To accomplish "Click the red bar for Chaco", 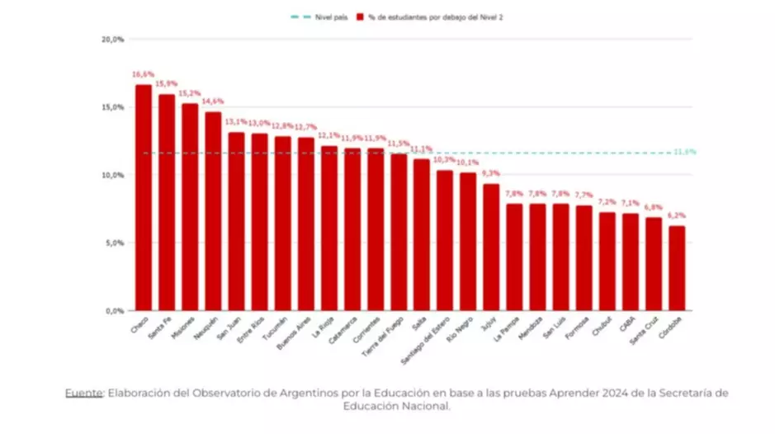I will click(x=144, y=198).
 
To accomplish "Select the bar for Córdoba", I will click(x=677, y=268).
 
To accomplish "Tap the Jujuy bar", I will click(x=491, y=248).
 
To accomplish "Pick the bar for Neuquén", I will click(x=213, y=211).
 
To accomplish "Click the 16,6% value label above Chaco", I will click(x=144, y=74).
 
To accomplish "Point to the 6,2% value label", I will click(x=677, y=215).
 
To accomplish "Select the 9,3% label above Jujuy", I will click(x=491, y=173).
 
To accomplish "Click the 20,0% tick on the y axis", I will click(x=113, y=39).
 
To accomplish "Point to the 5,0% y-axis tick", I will click(x=113, y=243).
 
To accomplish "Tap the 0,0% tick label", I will click(x=113, y=311).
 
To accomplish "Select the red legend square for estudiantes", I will click(x=361, y=17).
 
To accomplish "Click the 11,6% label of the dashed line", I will click(x=684, y=152).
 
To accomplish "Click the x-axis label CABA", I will click(x=627, y=324).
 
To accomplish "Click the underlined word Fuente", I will click(x=83, y=393).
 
